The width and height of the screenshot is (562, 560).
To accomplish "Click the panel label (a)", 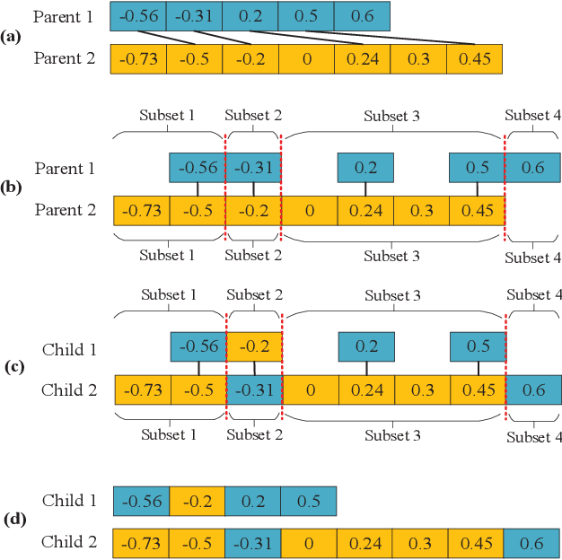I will pyautogui.click(x=12, y=37).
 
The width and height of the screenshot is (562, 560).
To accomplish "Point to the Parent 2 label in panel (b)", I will pyautogui.click(x=65, y=211).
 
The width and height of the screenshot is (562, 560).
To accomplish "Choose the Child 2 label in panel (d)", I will pyautogui.click(x=69, y=543).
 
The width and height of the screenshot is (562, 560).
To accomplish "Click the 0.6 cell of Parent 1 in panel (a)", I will pyautogui.click(x=362, y=15).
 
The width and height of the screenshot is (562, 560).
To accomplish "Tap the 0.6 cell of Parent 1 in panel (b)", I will pyautogui.click(x=532, y=168).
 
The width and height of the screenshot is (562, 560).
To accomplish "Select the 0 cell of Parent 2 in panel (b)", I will pyautogui.click(x=310, y=211).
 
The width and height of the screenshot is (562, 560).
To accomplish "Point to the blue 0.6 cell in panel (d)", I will pyautogui.click(x=531, y=543).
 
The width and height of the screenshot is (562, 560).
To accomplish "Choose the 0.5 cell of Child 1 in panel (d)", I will pyautogui.click(x=308, y=501).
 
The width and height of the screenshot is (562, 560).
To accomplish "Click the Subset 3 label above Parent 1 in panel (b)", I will pyautogui.click(x=391, y=117).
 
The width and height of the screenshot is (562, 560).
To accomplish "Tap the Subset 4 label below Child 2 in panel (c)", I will pyautogui.click(x=533, y=437).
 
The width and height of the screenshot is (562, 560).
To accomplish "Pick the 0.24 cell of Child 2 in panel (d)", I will pyautogui.click(x=364, y=543).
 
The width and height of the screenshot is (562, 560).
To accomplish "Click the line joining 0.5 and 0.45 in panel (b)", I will pyautogui.click(x=478, y=189).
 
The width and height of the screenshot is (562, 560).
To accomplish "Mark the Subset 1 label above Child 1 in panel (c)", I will pyautogui.click(x=168, y=295).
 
